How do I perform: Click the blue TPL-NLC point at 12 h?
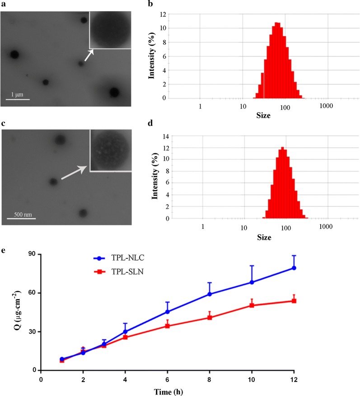point(294,268)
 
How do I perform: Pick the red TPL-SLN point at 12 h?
point(294,301)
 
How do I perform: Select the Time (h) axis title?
point(167,389)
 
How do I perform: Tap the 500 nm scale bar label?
point(21,214)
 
